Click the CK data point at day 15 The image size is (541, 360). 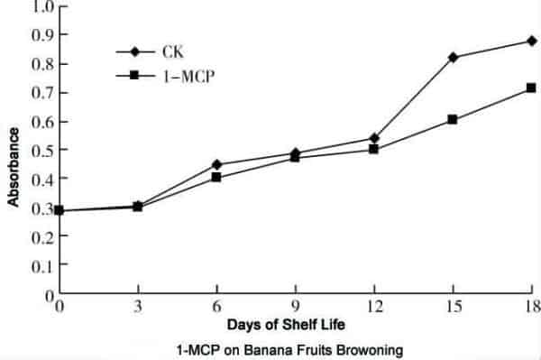point(453,57)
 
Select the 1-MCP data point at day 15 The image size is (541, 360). point(453,119)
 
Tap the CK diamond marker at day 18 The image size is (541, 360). point(531,41)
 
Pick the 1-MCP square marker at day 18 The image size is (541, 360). point(531,88)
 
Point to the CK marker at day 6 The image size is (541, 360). point(216,164)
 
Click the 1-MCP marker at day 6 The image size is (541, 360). point(216,177)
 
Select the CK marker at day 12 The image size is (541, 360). point(374,138)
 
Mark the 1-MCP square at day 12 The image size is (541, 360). point(374,149)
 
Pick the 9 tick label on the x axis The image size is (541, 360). point(295,307)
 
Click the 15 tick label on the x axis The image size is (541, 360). point(452,307)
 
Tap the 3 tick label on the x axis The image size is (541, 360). point(137,307)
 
